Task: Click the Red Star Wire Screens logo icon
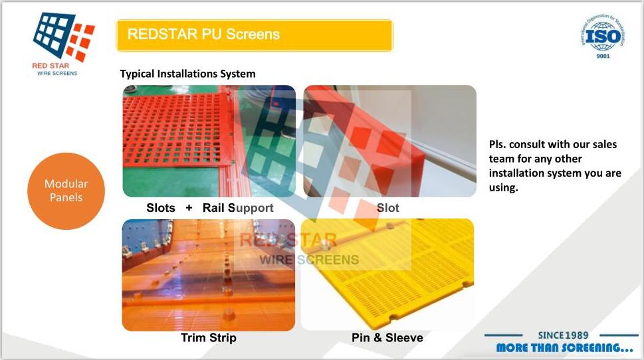(x=64, y=37)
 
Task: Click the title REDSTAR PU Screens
(x=203, y=34)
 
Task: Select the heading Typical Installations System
(x=187, y=74)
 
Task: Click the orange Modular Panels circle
(x=66, y=191)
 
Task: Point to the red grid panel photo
(x=209, y=141)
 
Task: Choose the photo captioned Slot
(x=389, y=141)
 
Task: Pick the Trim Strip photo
(x=209, y=275)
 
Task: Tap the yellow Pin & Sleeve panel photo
(x=387, y=275)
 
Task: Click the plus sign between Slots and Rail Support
(x=189, y=208)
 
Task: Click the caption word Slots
(x=161, y=208)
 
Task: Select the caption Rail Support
(x=238, y=208)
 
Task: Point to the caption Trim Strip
(x=209, y=338)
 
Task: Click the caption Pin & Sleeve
(x=387, y=338)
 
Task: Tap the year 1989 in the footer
(x=577, y=335)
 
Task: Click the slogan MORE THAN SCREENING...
(x=564, y=348)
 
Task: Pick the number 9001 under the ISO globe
(x=603, y=56)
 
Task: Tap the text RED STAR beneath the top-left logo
(x=51, y=66)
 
